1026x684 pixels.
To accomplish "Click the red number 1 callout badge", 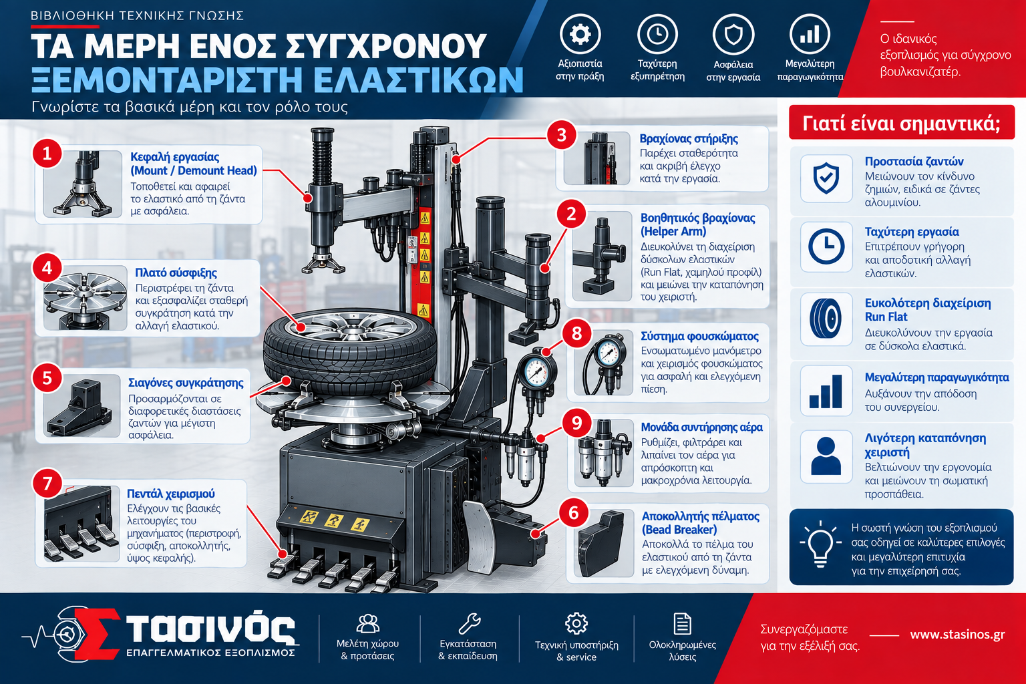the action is pyautogui.click(x=47, y=154).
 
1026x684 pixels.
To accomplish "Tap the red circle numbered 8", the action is pyautogui.click(x=576, y=333).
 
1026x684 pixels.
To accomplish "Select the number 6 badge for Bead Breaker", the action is pyautogui.click(x=574, y=512).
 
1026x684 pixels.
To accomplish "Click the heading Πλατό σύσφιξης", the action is pyautogui.click(x=176, y=273).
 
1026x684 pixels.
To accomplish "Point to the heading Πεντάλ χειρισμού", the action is pyautogui.click(x=171, y=494).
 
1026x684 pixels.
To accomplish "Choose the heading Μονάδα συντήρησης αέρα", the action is pyautogui.click(x=702, y=427).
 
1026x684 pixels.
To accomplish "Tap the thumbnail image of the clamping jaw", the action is pyautogui.click(x=81, y=405).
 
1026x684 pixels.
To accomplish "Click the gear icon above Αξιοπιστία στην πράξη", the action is pyautogui.click(x=580, y=34).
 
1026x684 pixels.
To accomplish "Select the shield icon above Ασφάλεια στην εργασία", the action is pyautogui.click(x=733, y=35).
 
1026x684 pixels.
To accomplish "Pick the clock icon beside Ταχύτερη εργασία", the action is pyautogui.click(x=826, y=246).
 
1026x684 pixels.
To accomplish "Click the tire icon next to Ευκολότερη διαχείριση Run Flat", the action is pyautogui.click(x=826, y=319).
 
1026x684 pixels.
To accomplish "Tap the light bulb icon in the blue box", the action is pyautogui.click(x=820, y=544).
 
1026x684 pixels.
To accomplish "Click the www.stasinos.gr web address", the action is pyautogui.click(x=957, y=635).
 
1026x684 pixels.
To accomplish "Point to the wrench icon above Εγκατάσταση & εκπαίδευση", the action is pyautogui.click(x=470, y=623).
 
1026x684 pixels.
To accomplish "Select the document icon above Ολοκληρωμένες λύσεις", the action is pyautogui.click(x=682, y=623).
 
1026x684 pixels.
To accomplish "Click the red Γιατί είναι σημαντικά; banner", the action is pyautogui.click(x=901, y=123).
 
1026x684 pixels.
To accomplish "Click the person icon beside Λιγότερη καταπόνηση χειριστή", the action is pyautogui.click(x=826, y=456).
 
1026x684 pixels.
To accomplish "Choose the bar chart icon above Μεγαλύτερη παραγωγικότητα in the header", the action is pyautogui.click(x=810, y=34).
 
